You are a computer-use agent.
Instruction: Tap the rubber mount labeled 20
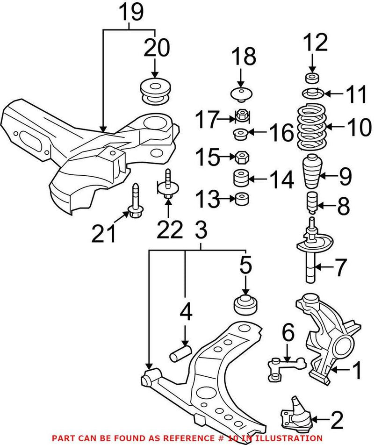155,91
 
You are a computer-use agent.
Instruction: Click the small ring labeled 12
311,77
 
